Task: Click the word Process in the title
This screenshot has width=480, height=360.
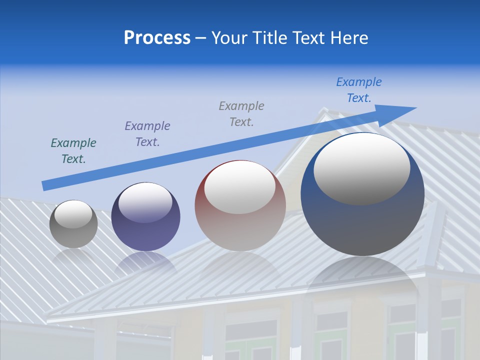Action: pos(157,38)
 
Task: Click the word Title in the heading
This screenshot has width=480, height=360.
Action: pos(270,38)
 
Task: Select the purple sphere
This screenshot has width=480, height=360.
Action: pos(145,230)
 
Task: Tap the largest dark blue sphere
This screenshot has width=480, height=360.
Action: pos(362,220)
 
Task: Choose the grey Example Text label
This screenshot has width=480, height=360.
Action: pos(241,113)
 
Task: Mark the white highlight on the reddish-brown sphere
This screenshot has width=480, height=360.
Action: pos(239,187)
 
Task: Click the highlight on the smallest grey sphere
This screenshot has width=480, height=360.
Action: pos(73,214)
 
